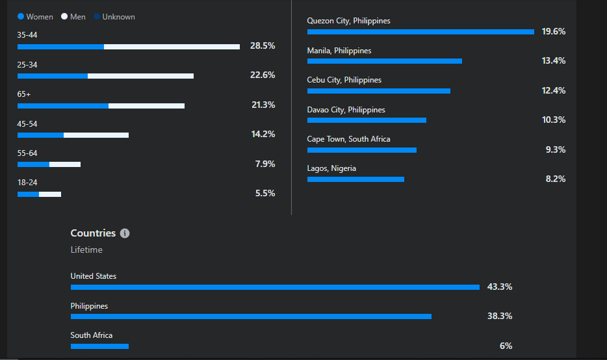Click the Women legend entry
[36, 17]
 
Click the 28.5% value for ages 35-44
[263, 46]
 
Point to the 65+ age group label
[24, 94]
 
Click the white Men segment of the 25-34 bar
[140, 76]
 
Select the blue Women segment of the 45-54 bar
[40, 135]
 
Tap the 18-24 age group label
[27, 183]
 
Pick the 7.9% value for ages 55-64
[265, 164]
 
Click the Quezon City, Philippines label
[348, 21]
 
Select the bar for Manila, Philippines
[384, 61]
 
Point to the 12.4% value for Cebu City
[554, 90]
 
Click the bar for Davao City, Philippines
[367, 120]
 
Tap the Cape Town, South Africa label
[348, 139]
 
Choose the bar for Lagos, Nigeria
[355, 179]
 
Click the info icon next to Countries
[125, 233]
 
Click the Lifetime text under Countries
[86, 250]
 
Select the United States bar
[275, 287]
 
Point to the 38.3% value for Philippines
[500, 316]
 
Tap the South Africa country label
[92, 335]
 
